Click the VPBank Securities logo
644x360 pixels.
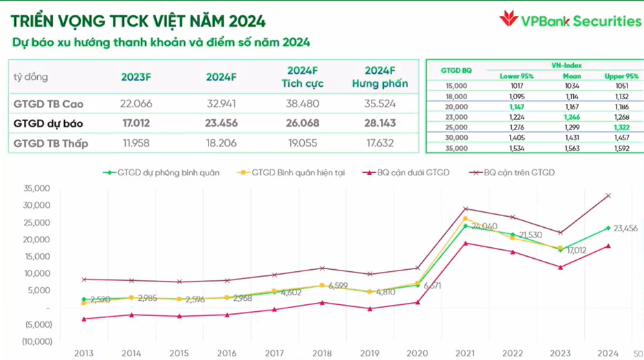[x=570, y=21]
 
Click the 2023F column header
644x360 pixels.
[x=136, y=77]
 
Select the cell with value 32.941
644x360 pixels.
[x=221, y=105]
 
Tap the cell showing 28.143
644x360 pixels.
[x=380, y=125]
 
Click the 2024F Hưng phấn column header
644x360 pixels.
[x=380, y=77]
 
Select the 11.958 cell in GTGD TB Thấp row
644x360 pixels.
[x=136, y=144]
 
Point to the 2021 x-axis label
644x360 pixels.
[x=464, y=353]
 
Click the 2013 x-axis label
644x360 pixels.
[x=85, y=353]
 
